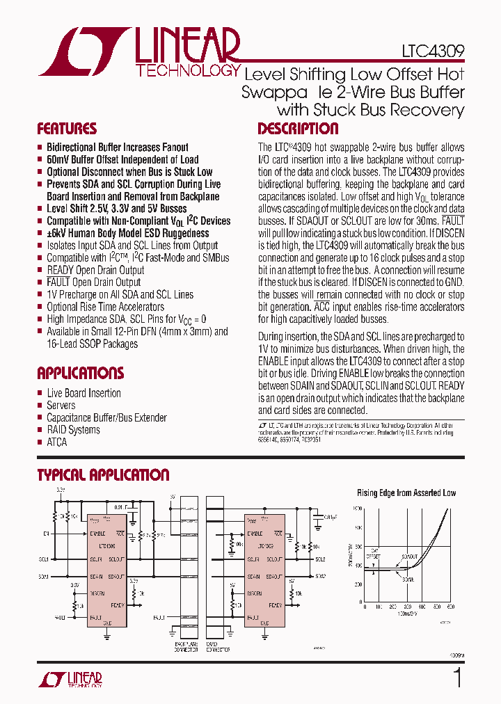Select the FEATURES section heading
[67, 129]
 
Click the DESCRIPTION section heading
[298, 129]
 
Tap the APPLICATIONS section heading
[80, 373]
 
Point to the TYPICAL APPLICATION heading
[103, 475]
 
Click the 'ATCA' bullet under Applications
[56, 442]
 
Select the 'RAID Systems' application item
[73, 430]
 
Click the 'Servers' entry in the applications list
[61, 406]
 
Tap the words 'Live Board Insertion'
[83, 393]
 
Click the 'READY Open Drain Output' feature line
[95, 270]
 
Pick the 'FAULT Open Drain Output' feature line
[93, 282]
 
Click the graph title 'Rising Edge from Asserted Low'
[406, 493]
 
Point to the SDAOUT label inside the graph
[410, 557]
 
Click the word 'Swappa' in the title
[273, 92]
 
